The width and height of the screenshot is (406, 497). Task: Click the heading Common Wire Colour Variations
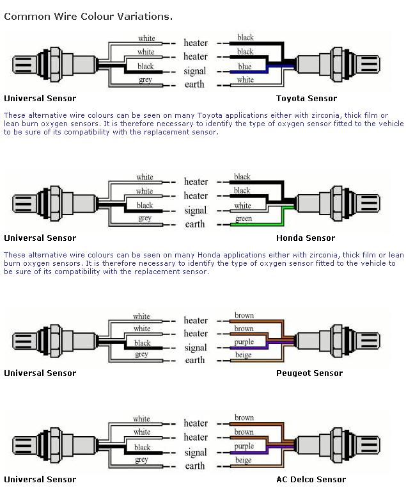coord(88,16)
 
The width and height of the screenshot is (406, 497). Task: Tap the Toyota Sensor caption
coord(306,99)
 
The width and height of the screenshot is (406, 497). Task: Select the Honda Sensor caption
coord(306,238)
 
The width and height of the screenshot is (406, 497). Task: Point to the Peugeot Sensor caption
coord(309,373)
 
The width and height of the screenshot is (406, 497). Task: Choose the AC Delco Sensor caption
coord(311,479)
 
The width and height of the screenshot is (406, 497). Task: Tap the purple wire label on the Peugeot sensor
coord(244,342)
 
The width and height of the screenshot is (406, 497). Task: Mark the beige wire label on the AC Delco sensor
coord(244,460)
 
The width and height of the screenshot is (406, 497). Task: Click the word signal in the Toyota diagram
coord(195,71)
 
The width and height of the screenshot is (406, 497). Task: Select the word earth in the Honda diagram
coord(195,224)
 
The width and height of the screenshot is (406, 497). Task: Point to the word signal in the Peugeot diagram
coord(195,348)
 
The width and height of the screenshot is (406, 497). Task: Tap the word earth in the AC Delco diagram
coord(195,466)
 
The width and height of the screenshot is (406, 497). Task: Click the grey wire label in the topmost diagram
coord(145,80)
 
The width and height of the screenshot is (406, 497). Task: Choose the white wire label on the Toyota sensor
coord(246,80)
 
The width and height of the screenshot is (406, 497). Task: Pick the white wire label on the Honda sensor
coord(242,206)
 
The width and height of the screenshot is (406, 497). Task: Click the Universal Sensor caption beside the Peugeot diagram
coord(40,373)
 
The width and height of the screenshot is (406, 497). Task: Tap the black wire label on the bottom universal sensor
coord(142,447)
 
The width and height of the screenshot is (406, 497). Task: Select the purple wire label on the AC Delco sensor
coord(244,446)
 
